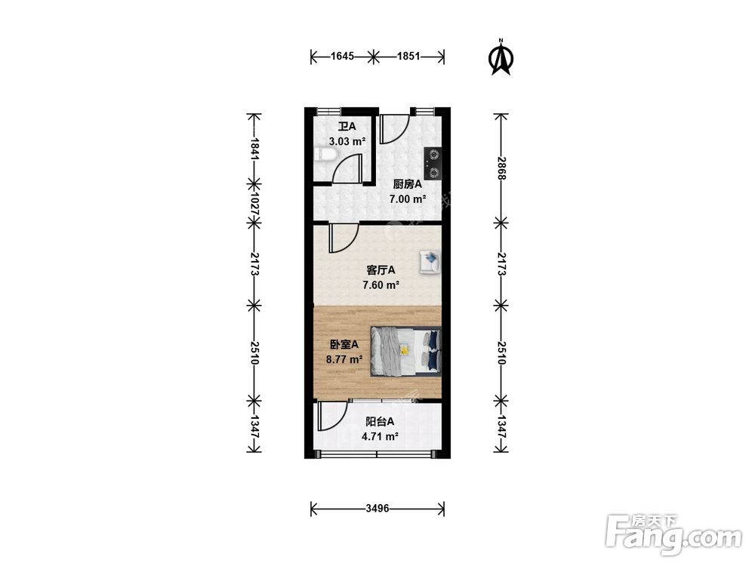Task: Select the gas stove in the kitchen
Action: pos(433,163)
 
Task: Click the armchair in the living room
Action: pos(430,262)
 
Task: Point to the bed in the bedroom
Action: pos(405,350)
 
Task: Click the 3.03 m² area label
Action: pos(347,142)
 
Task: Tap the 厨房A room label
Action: pos(408,184)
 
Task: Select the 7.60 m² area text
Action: pos(381,285)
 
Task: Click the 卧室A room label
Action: pos(344,345)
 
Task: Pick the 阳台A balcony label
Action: pos(380,422)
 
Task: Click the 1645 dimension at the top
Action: pos(342,57)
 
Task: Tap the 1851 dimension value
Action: pos(408,57)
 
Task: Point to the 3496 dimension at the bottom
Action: pos(377,508)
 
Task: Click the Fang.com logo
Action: pos(673,534)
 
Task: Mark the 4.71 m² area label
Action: pos(380,437)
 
